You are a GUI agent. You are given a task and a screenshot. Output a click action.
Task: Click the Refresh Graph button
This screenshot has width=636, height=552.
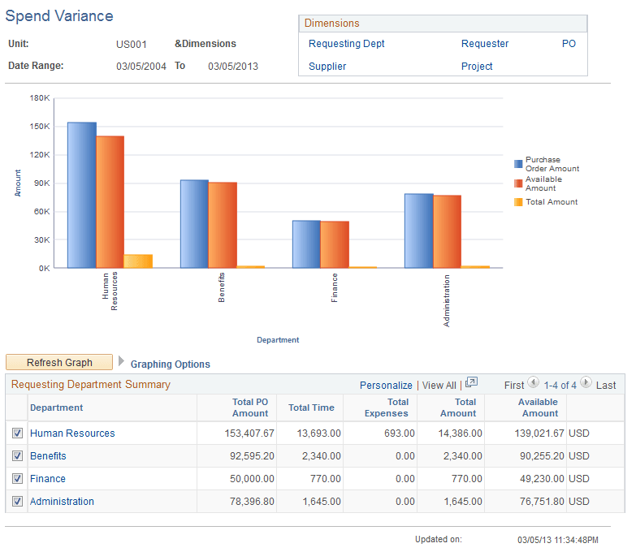[x=59, y=363]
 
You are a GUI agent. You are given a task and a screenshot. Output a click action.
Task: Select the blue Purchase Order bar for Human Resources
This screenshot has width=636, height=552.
[x=81, y=195]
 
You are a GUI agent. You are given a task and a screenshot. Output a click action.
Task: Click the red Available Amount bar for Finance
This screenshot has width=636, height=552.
[x=335, y=244]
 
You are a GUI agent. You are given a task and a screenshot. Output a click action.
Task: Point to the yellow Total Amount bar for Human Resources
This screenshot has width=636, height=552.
[x=138, y=261]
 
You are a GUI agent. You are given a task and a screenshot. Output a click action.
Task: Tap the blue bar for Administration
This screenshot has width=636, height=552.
[x=418, y=231]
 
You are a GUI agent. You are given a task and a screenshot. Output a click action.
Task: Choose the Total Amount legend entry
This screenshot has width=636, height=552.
[x=551, y=202]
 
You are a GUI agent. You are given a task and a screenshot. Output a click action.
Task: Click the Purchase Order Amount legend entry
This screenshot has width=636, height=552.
[x=552, y=164]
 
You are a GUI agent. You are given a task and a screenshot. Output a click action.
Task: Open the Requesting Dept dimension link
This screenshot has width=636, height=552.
[x=347, y=44]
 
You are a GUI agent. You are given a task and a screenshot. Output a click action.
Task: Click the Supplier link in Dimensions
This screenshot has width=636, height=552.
[x=327, y=67]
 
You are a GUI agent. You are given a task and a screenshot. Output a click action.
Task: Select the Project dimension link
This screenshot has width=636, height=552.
[x=477, y=67]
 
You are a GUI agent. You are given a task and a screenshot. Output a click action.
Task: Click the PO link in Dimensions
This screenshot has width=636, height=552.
[x=569, y=44]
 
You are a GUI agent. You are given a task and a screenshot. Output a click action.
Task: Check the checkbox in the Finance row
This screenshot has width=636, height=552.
[x=18, y=479]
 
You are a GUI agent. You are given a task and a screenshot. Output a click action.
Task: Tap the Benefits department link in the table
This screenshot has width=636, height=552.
[x=48, y=456]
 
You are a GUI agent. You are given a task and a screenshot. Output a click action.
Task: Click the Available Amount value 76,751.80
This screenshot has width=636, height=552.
[x=536, y=502]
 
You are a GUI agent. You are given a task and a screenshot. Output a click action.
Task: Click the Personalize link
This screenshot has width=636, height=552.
[x=386, y=386]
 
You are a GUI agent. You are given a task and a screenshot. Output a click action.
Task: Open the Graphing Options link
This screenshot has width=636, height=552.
[x=171, y=364]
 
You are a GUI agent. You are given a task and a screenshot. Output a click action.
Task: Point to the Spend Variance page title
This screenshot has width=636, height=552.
[x=59, y=16]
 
